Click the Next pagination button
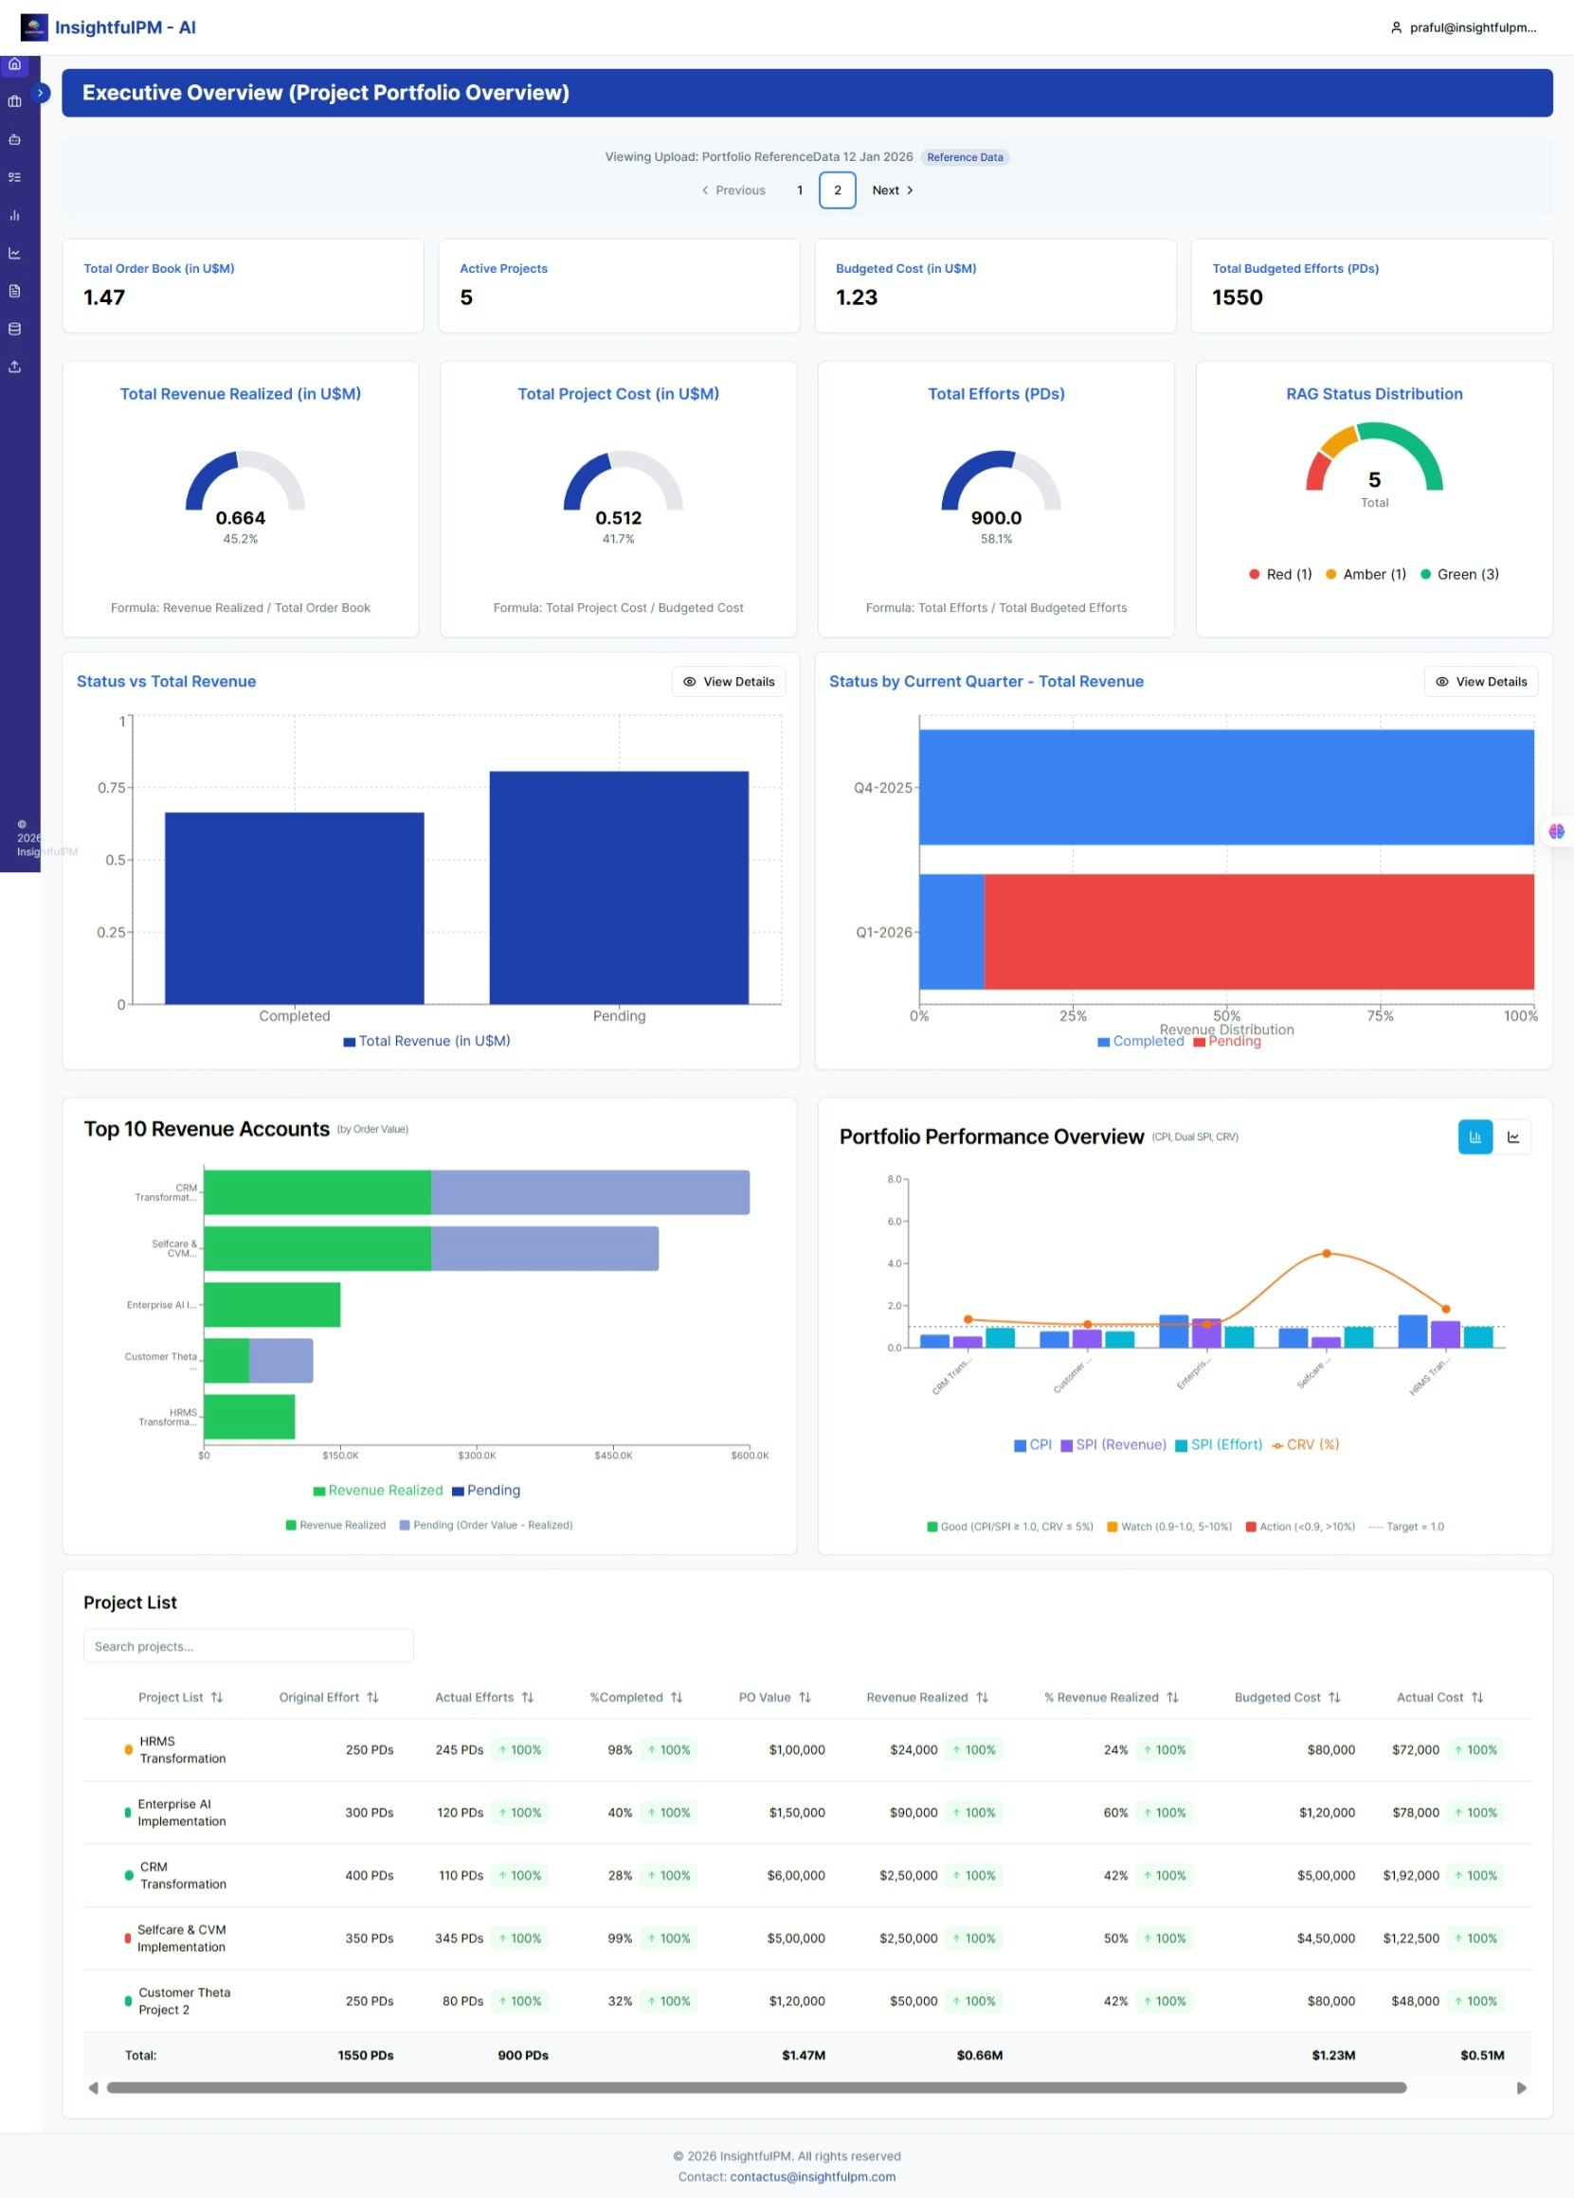(892, 189)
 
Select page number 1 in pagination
(800, 189)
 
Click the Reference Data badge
(965, 157)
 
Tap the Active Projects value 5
(466, 297)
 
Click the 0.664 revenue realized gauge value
(241, 518)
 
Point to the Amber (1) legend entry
(1366, 575)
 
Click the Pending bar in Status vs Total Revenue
(619, 886)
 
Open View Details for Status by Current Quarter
(1480, 682)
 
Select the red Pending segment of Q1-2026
(1258, 931)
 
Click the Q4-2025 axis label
(882, 788)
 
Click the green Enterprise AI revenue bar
(271, 1305)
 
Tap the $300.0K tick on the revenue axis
(477, 1455)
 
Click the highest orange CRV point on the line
(1327, 1254)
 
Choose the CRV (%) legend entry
(1306, 1444)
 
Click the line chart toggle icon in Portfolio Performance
(1513, 1137)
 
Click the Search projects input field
(248, 1646)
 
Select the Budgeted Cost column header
(1277, 1697)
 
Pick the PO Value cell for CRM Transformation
(796, 1875)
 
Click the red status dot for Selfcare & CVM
(128, 1939)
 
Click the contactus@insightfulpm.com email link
(812, 2176)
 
